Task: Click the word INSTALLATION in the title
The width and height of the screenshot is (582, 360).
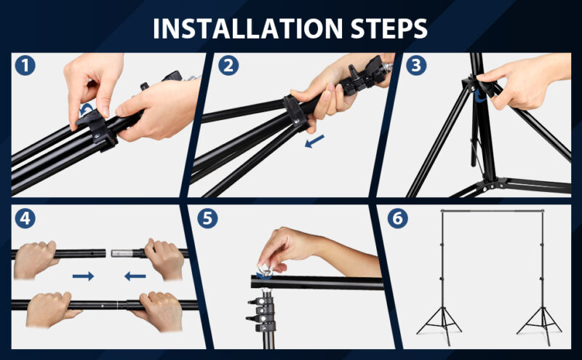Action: pyautogui.click(x=247, y=28)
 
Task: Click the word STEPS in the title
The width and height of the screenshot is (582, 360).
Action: pyautogui.click(x=389, y=28)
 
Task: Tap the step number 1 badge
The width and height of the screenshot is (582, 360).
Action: pyautogui.click(x=25, y=65)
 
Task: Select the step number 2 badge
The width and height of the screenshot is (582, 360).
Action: pyautogui.click(x=228, y=65)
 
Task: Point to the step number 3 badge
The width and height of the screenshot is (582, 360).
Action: pyautogui.click(x=416, y=65)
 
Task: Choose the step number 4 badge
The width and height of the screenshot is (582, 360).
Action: pyautogui.click(x=25, y=219)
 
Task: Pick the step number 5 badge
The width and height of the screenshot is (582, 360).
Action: pyautogui.click(x=207, y=219)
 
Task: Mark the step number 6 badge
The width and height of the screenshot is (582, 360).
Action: pyautogui.click(x=397, y=219)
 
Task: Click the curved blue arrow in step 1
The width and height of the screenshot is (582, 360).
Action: pyautogui.click(x=87, y=108)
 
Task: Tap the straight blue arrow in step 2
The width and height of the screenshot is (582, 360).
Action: pyautogui.click(x=314, y=141)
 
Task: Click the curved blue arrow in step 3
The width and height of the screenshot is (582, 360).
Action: pyautogui.click(x=480, y=96)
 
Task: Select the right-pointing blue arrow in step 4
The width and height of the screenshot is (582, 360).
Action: pyautogui.click(x=83, y=276)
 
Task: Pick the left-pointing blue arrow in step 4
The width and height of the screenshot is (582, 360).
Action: pyautogui.click(x=135, y=276)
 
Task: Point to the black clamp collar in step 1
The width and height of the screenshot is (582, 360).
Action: pyautogui.click(x=97, y=131)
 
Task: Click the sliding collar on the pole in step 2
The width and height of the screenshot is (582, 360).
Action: pyautogui.click(x=295, y=112)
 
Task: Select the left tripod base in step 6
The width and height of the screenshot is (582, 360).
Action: pyautogui.click(x=440, y=322)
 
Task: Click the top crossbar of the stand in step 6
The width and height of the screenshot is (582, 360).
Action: pyautogui.click(x=493, y=211)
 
